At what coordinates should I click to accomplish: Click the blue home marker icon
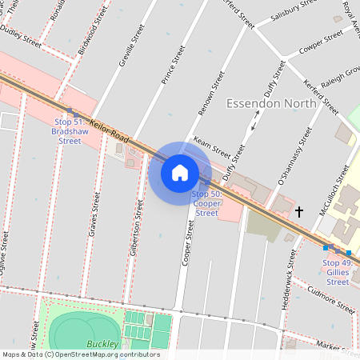click(180, 172)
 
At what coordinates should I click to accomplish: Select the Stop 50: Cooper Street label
click(206, 203)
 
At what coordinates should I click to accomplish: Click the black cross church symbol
click(300, 212)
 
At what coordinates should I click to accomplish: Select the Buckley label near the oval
click(103, 344)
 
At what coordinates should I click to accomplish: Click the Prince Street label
click(168, 65)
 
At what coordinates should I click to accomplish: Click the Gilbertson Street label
click(137, 228)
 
